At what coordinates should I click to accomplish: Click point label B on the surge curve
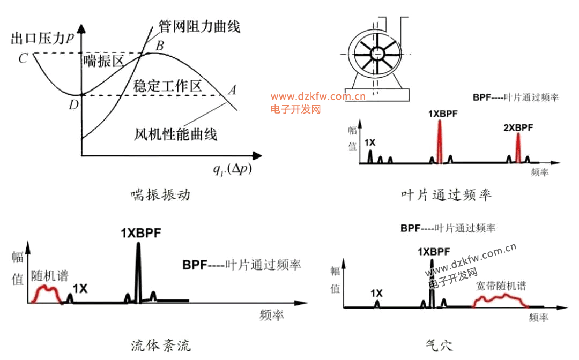[159, 46]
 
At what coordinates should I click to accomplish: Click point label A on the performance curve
[232, 89]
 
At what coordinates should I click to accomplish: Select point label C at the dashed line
[23, 58]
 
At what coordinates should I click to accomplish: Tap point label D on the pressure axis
[73, 105]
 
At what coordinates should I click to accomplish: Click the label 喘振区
[103, 61]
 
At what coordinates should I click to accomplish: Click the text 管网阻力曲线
[199, 25]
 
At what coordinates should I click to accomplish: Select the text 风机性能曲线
[175, 133]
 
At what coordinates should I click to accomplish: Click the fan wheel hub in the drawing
[377, 53]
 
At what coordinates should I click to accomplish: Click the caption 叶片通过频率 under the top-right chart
[446, 195]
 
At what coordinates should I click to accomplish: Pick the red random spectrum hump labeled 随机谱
[47, 292]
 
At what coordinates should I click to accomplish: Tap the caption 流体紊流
[161, 346]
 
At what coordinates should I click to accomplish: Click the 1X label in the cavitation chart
[376, 293]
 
